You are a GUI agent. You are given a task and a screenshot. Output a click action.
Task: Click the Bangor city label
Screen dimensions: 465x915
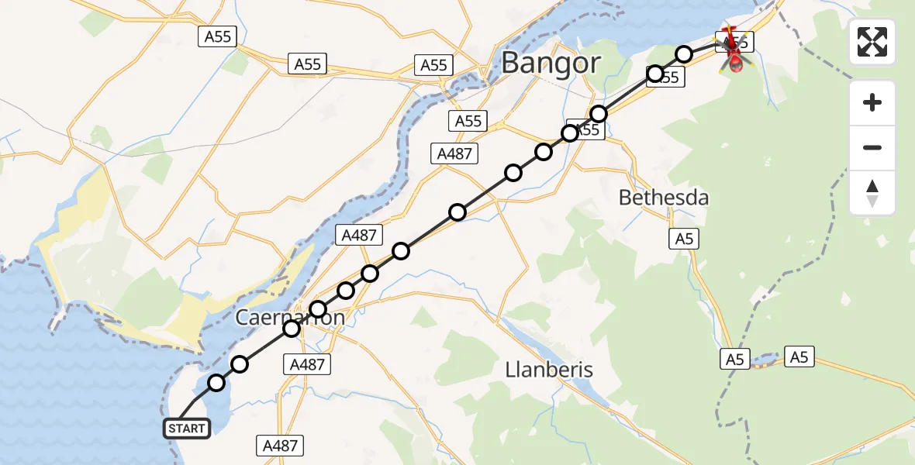[551, 63]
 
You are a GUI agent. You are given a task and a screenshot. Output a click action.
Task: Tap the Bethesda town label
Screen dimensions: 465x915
[664, 198]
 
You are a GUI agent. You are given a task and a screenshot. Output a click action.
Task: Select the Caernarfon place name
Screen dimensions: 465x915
[290, 318]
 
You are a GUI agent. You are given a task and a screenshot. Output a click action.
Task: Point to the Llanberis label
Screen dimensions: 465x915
[549, 370]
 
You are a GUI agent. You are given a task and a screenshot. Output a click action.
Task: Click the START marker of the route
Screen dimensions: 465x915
[187, 429]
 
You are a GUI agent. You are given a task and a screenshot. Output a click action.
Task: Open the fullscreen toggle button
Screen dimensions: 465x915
[872, 42]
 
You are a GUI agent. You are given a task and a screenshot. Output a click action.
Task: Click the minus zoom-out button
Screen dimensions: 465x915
[872, 147]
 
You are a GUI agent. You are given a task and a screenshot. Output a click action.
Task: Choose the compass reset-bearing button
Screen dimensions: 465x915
[872, 193]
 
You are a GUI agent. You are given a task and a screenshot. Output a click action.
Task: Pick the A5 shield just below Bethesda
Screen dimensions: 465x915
[684, 239]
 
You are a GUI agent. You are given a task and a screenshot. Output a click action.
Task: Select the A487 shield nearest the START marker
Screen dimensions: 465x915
[280, 446]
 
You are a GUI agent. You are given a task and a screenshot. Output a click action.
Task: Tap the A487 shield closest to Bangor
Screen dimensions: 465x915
[454, 153]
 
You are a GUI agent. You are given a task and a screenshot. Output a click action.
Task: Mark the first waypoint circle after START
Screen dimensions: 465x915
[216, 383]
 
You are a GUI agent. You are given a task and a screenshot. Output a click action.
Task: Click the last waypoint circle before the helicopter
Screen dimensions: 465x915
[684, 53]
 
